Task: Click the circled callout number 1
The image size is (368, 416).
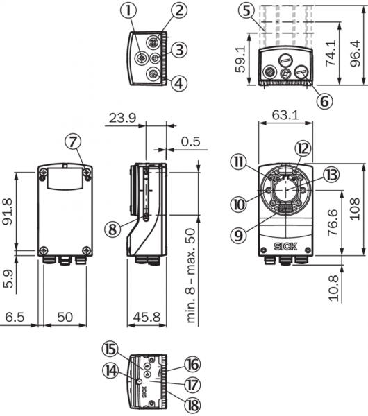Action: click(x=128, y=11)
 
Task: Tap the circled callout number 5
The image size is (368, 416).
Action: click(x=246, y=12)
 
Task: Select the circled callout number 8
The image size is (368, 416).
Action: click(x=112, y=229)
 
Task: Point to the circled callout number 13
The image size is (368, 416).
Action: click(x=331, y=175)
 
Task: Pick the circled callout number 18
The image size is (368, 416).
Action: click(x=192, y=405)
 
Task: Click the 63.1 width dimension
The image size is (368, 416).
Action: click(x=285, y=115)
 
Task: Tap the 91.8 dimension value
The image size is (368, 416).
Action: click(x=7, y=211)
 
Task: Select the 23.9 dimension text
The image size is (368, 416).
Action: click(x=122, y=118)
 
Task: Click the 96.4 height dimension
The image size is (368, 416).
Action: click(x=355, y=53)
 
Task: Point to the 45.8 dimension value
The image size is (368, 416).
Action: click(x=147, y=317)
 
